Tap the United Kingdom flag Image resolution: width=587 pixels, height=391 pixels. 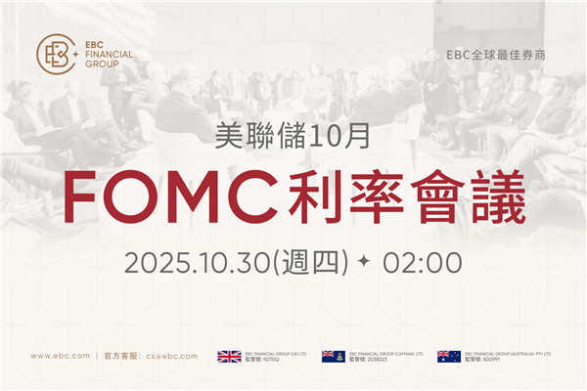[x=230, y=356]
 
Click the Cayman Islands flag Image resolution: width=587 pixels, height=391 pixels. [x=334, y=356]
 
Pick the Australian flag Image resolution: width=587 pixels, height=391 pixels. [x=449, y=356]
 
